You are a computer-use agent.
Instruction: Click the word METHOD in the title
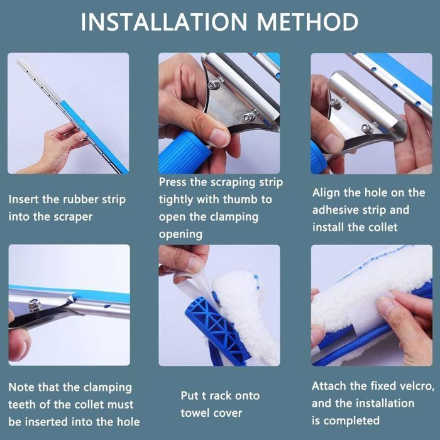(x=307, y=22)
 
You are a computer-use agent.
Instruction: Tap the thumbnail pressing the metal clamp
(x=219, y=136)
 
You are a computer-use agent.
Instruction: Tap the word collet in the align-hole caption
(x=383, y=228)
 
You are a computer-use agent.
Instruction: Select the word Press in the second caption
(x=172, y=182)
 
